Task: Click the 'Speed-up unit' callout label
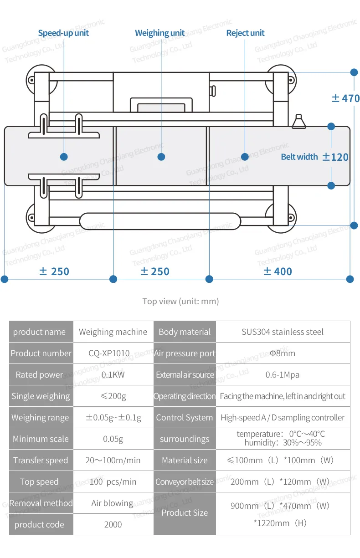pyautogui.click(x=63, y=33)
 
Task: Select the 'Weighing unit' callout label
pyautogui.click(x=160, y=33)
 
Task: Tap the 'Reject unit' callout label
pyautogui.click(x=245, y=33)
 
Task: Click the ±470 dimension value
pyautogui.click(x=345, y=98)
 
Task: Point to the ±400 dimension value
pyautogui.click(x=278, y=271)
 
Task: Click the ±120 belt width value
pyautogui.click(x=335, y=157)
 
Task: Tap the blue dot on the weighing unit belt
pyautogui.click(x=161, y=157)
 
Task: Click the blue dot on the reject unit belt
pyautogui.click(x=245, y=157)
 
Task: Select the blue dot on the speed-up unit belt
pyautogui.click(x=64, y=157)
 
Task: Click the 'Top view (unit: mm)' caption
pyautogui.click(x=180, y=301)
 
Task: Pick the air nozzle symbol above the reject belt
pyautogui.click(x=299, y=122)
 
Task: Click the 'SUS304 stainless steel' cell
pyautogui.click(x=283, y=332)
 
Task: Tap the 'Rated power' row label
pyautogui.click(x=40, y=375)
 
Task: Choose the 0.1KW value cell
pyautogui.click(x=113, y=375)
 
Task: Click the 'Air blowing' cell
pyautogui.click(x=112, y=503)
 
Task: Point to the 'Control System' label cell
pyautogui.click(x=185, y=418)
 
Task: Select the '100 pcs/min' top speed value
pyautogui.click(x=113, y=482)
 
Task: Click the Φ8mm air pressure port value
pyautogui.click(x=283, y=353)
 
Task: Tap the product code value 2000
pyautogui.click(x=113, y=525)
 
